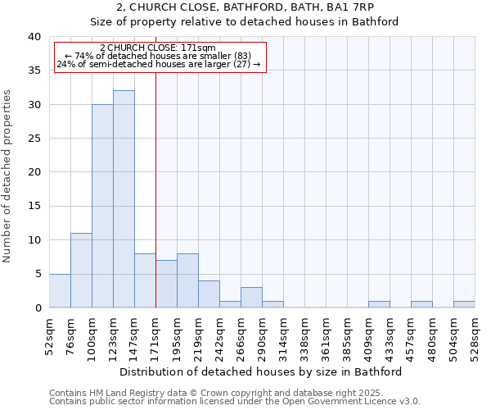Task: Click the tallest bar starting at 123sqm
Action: [x=124, y=199]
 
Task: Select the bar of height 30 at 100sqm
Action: [x=102, y=206]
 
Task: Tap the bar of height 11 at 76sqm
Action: [x=81, y=271]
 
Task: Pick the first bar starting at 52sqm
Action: [x=60, y=290]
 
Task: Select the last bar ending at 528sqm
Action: [x=464, y=304]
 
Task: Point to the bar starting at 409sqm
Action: [x=379, y=304]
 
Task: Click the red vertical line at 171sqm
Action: [x=155, y=189]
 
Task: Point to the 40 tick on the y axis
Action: [x=34, y=37]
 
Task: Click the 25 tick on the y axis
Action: [x=34, y=139]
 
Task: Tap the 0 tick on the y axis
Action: [x=37, y=307]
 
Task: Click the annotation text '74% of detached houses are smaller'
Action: [x=158, y=56]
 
